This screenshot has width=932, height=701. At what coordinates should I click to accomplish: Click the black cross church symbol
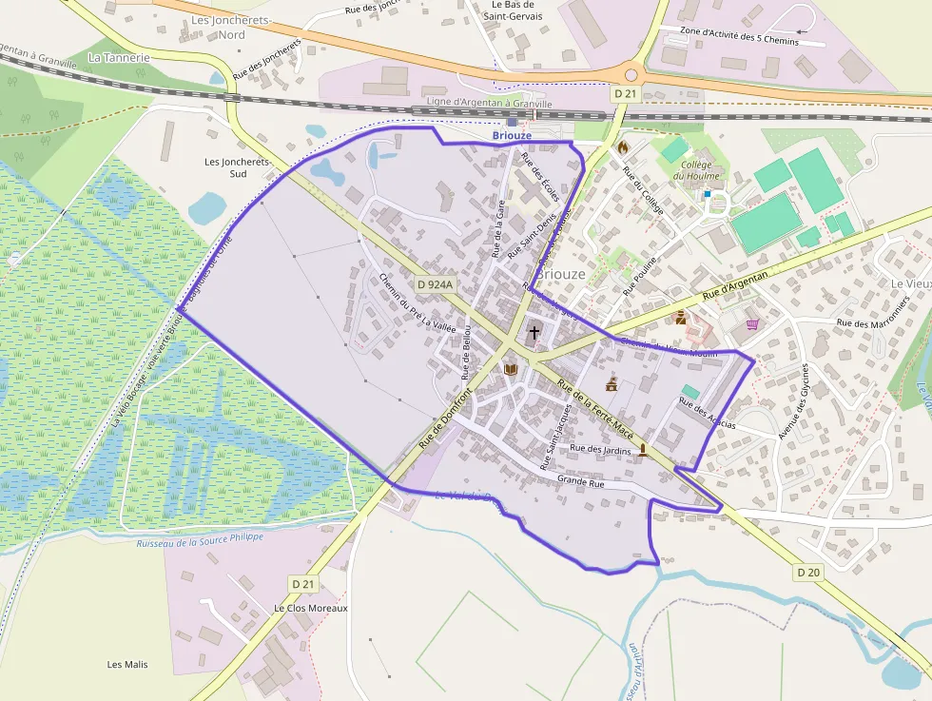pyautogui.click(x=534, y=333)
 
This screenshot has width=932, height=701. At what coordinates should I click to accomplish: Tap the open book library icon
pyautogui.click(x=511, y=368)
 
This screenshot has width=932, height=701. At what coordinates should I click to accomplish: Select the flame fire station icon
pyautogui.click(x=623, y=147)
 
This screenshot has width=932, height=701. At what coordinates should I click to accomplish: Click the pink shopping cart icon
pyautogui.click(x=753, y=324)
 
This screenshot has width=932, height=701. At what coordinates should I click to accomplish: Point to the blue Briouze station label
pyautogui.click(x=512, y=136)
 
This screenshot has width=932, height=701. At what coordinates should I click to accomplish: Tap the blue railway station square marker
pyautogui.click(x=513, y=122)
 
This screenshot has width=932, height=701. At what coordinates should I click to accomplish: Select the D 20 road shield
pyautogui.click(x=807, y=572)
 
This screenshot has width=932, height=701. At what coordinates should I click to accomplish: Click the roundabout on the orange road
pyautogui.click(x=631, y=73)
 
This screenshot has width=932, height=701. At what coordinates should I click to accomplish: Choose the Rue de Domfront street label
pyautogui.click(x=445, y=419)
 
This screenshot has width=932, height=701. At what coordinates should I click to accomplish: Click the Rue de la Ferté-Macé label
pyautogui.click(x=595, y=405)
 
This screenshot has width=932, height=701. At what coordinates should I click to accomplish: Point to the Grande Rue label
pyautogui.click(x=581, y=483)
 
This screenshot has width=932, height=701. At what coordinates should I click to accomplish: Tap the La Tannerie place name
pyautogui.click(x=119, y=57)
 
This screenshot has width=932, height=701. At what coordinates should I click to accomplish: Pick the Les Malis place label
pyautogui.click(x=127, y=664)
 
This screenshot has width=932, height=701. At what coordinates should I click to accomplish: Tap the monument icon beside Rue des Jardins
pyautogui.click(x=644, y=449)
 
